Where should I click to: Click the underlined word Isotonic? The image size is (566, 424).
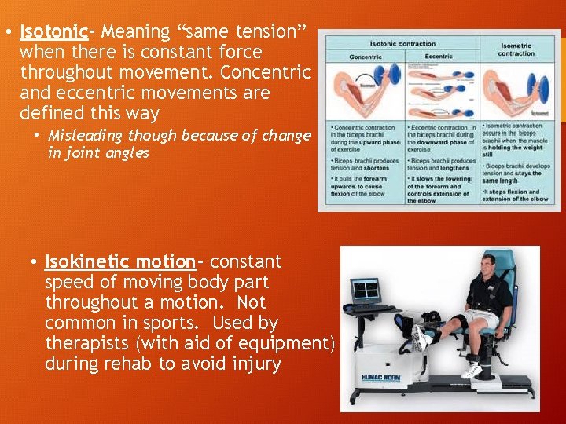tap(53, 32)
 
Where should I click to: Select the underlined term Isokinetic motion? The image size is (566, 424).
tap(120, 261)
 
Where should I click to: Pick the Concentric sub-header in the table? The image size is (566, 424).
tap(365, 57)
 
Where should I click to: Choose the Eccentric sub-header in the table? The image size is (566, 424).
tap(439, 57)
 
